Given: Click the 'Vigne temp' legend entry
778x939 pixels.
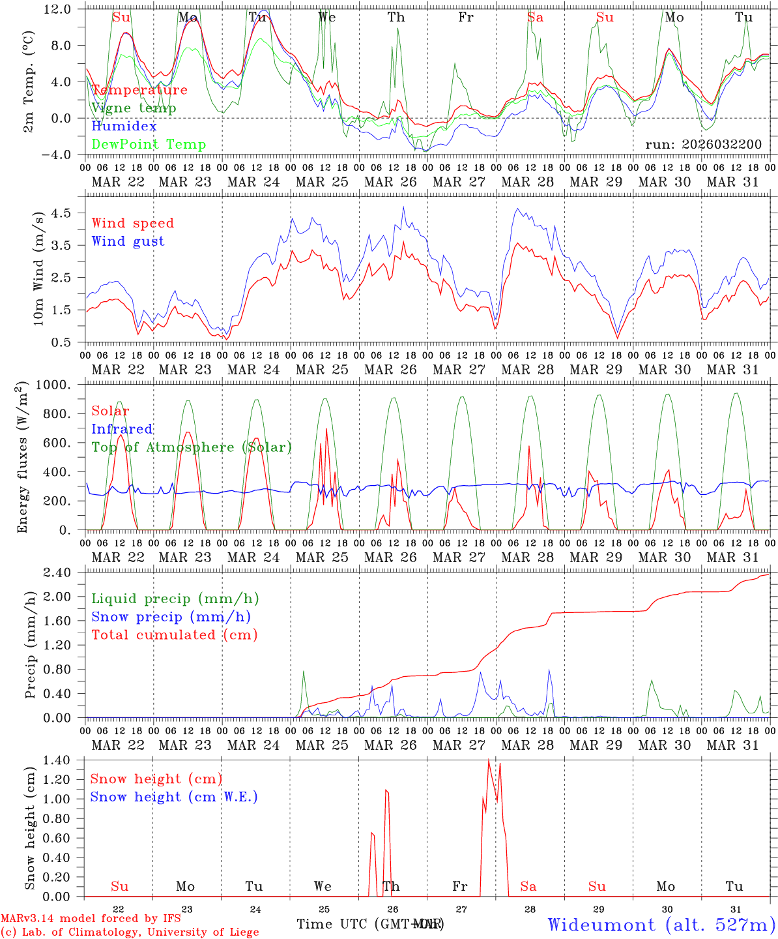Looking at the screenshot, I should [x=134, y=108].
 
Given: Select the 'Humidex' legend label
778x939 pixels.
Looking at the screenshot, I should [x=124, y=127].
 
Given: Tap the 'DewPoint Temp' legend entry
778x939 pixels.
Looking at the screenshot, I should [x=149, y=145].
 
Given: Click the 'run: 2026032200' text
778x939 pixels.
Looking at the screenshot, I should [x=703, y=145].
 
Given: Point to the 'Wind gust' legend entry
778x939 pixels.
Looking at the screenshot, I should [x=128, y=241].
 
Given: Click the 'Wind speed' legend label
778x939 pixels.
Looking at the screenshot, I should [x=133, y=223].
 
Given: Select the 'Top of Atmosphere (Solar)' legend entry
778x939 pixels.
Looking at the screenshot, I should [x=192, y=447].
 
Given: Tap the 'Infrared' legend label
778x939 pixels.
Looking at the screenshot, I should [x=122, y=429].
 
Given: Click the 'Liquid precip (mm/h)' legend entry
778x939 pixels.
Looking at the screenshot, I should [x=175, y=599].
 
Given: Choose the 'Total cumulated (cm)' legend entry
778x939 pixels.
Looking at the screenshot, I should [x=175, y=635].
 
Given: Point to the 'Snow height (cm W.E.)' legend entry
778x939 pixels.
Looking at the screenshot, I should [x=174, y=797].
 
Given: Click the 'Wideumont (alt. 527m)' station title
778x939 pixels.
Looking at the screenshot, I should [x=661, y=925].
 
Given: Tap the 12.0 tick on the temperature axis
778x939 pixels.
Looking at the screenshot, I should [x=57, y=9].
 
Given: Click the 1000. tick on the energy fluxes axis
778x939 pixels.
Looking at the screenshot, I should [x=53, y=385].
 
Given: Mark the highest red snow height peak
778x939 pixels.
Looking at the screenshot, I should [x=489, y=760].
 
